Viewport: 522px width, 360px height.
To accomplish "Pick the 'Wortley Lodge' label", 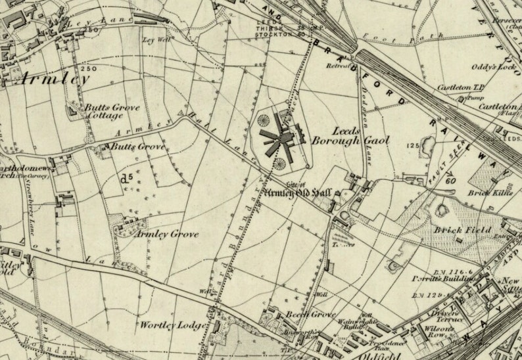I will [165, 325].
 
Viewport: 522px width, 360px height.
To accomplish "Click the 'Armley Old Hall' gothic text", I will [297, 192].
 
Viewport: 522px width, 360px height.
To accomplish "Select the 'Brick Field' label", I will [458, 230].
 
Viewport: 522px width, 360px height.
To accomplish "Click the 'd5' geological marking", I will [126, 176].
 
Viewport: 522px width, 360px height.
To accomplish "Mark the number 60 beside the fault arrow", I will [451, 180].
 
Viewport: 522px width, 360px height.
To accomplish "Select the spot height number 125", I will [413, 145].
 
